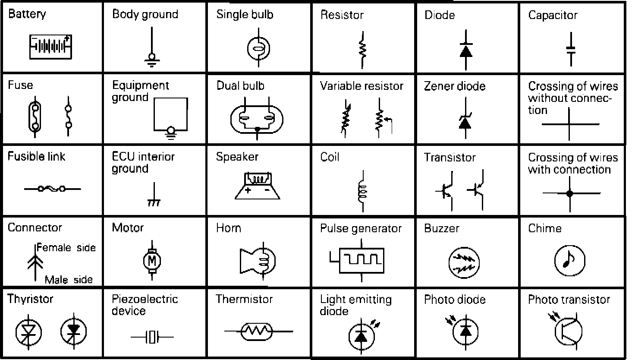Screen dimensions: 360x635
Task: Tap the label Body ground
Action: click(x=145, y=14)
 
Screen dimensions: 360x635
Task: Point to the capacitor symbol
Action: click(x=571, y=48)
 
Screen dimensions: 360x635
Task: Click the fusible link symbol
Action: click(x=52, y=189)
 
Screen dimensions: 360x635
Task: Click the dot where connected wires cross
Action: click(x=569, y=193)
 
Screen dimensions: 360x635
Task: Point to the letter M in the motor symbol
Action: click(x=152, y=260)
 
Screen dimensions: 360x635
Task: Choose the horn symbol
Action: click(x=258, y=260)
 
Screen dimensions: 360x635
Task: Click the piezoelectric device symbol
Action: click(x=152, y=337)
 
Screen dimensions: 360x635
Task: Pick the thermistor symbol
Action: click(x=258, y=332)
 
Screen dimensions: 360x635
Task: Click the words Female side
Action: click(x=66, y=248)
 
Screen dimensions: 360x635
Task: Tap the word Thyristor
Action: click(x=30, y=299)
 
